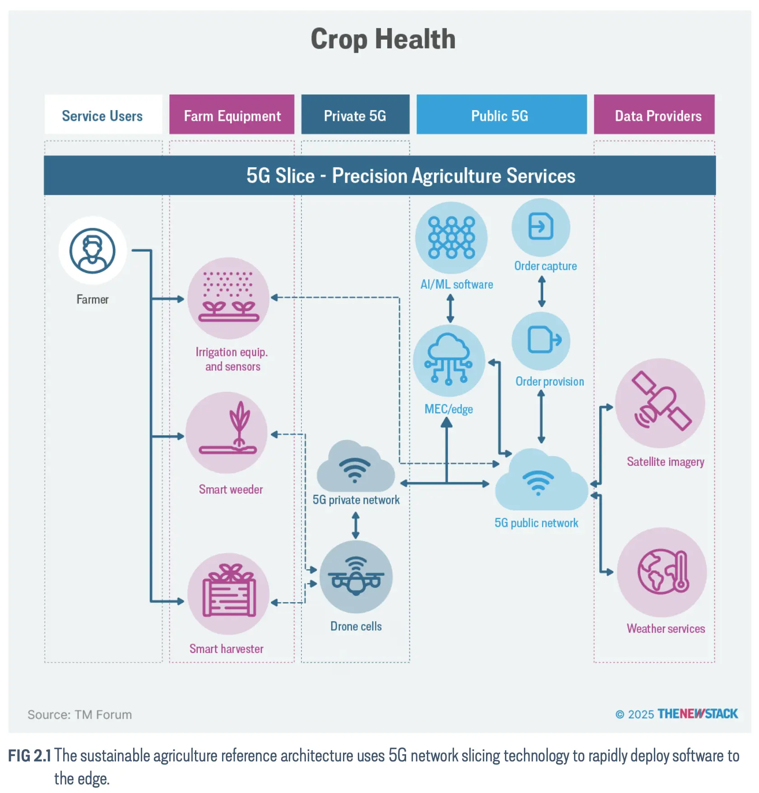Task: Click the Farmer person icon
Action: pyautogui.click(x=93, y=251)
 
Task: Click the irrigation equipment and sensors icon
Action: pyautogui.click(x=228, y=298)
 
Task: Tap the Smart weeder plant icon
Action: pyautogui.click(x=227, y=433)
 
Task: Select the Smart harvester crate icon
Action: pyautogui.click(x=228, y=594)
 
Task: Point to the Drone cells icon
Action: pyautogui.click(x=356, y=577)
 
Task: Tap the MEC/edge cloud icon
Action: pyautogui.click(x=449, y=360)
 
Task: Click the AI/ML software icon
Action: pyautogui.click(x=451, y=238)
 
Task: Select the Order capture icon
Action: pyautogui.click(x=541, y=227)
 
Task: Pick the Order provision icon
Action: pyautogui.click(x=541, y=341)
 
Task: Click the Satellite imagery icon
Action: pyautogui.click(x=660, y=403)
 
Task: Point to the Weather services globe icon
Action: pyautogui.click(x=662, y=572)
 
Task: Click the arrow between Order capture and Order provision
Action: pyautogui.click(x=541, y=292)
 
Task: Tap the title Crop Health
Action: pyautogui.click(x=383, y=39)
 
